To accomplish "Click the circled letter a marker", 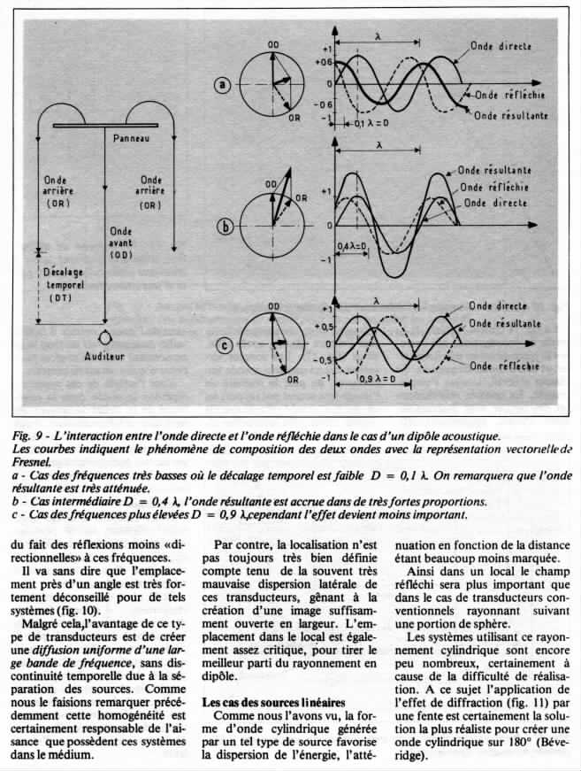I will pos(223,85).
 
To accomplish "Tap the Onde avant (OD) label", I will pos(121,239).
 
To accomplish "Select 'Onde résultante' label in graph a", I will pos(510,115).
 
